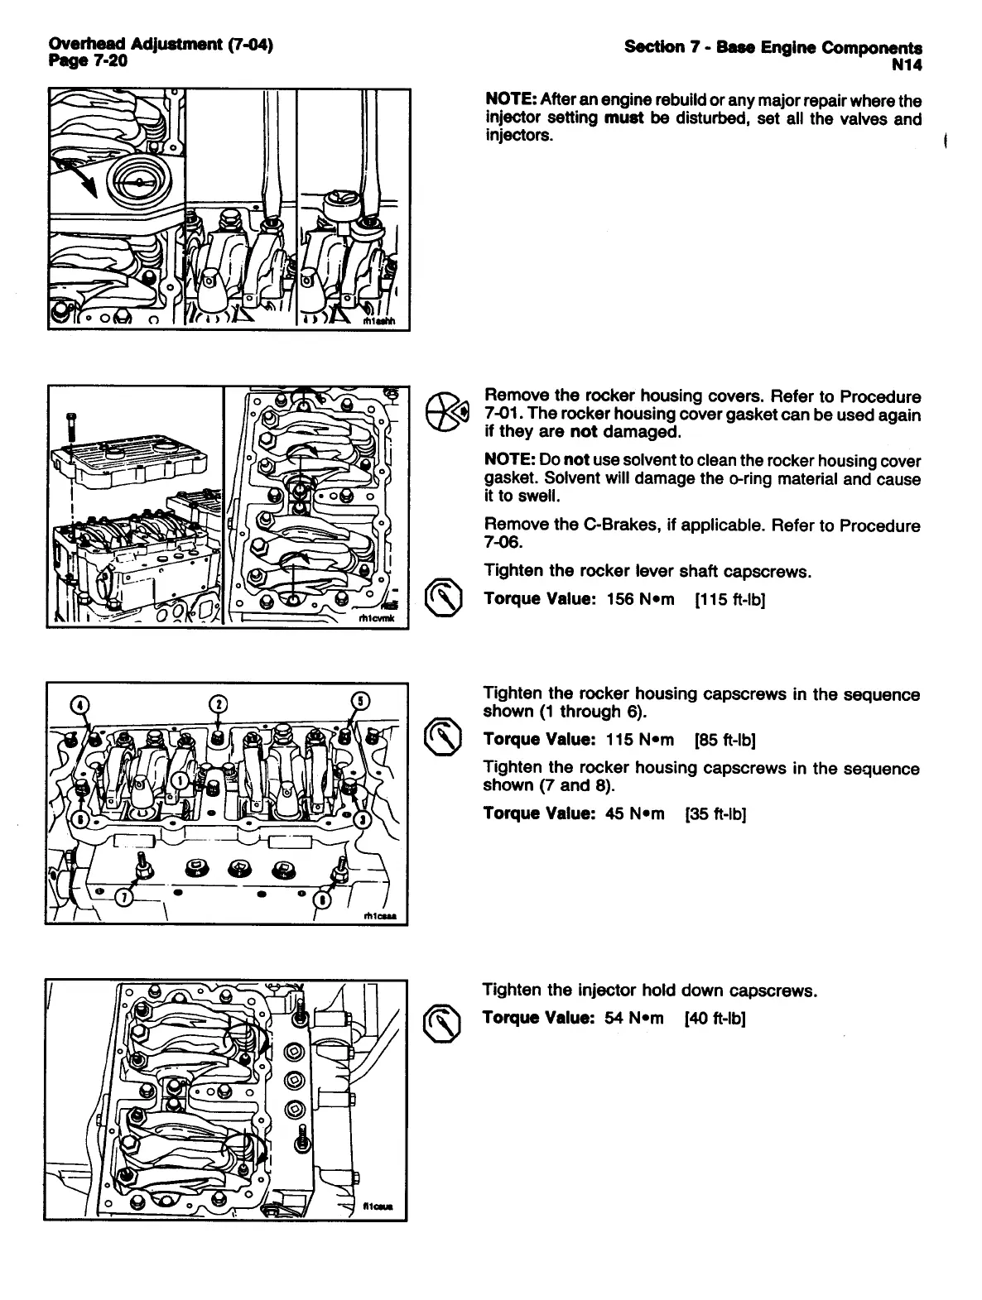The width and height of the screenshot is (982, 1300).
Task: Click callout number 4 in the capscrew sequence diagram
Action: pyautogui.click(x=80, y=704)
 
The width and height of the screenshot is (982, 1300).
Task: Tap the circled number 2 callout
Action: pyautogui.click(x=218, y=704)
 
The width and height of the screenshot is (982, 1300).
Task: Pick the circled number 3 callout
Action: pyautogui.click(x=362, y=819)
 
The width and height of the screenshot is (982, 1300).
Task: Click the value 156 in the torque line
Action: pyautogui.click(x=619, y=599)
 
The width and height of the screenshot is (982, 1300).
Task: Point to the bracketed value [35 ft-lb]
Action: pyautogui.click(x=716, y=814)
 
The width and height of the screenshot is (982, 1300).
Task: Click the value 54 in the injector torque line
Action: pyautogui.click(x=614, y=1018)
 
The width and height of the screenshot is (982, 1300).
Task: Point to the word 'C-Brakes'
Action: pyautogui.click(x=590, y=525)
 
